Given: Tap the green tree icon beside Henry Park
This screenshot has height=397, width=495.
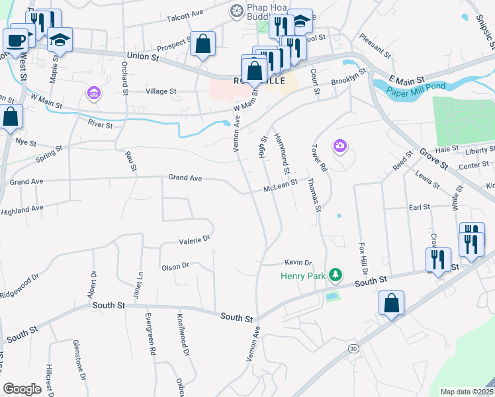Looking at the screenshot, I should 336,275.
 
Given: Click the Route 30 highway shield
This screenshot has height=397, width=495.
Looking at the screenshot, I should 352,348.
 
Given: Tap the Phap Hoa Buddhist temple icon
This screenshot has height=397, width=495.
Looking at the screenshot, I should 235,11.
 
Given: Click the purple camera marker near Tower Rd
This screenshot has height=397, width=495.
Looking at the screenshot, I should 340,146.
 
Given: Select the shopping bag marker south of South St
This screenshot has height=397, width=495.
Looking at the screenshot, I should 392,304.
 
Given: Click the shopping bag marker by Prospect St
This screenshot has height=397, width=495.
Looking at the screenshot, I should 203,45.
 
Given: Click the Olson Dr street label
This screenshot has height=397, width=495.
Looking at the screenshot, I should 175,266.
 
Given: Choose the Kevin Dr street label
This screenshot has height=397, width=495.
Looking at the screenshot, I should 298,263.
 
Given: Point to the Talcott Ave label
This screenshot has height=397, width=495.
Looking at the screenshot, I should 185,14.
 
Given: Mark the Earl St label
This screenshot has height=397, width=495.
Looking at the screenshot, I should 420,207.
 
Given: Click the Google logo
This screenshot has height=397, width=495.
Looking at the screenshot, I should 22,388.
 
